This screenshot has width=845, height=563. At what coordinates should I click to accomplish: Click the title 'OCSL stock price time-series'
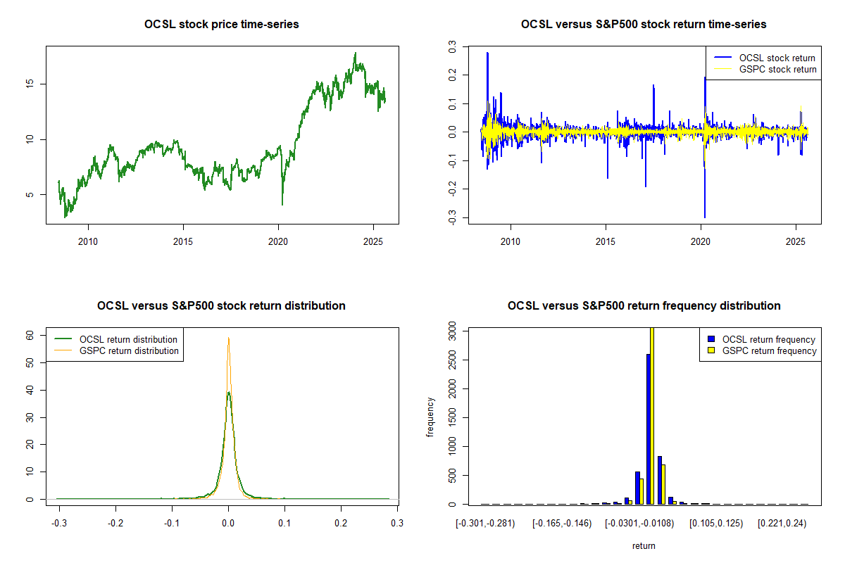[x=222, y=25]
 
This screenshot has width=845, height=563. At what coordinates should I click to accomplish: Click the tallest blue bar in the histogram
[x=648, y=429]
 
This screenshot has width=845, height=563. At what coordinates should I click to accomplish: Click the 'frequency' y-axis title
[x=430, y=417]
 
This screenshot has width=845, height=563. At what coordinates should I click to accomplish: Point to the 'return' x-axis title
[x=644, y=545]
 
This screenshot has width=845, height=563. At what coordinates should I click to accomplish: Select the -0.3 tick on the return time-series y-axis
[x=452, y=218]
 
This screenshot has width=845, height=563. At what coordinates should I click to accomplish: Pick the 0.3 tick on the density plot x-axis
[x=397, y=524]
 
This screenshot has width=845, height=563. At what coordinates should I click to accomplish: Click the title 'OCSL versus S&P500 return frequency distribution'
[x=644, y=306]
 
